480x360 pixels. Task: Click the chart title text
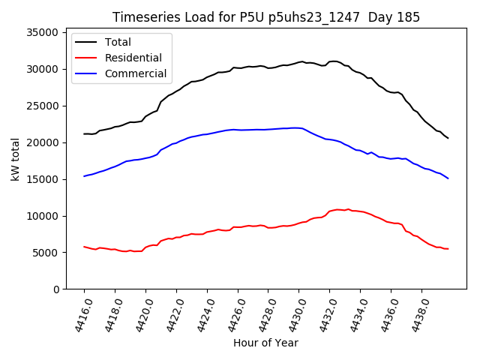pos(266,17)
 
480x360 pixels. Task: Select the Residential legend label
pos(133,58)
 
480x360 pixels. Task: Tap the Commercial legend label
pos(135,73)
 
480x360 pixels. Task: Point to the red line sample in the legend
pos(87,58)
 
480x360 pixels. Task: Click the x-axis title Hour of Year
pos(265,343)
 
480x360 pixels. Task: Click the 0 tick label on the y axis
pos(55,289)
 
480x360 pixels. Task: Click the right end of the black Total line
pos(448,138)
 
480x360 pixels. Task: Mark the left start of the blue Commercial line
pos(84,176)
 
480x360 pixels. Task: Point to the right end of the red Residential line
pos(448,249)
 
